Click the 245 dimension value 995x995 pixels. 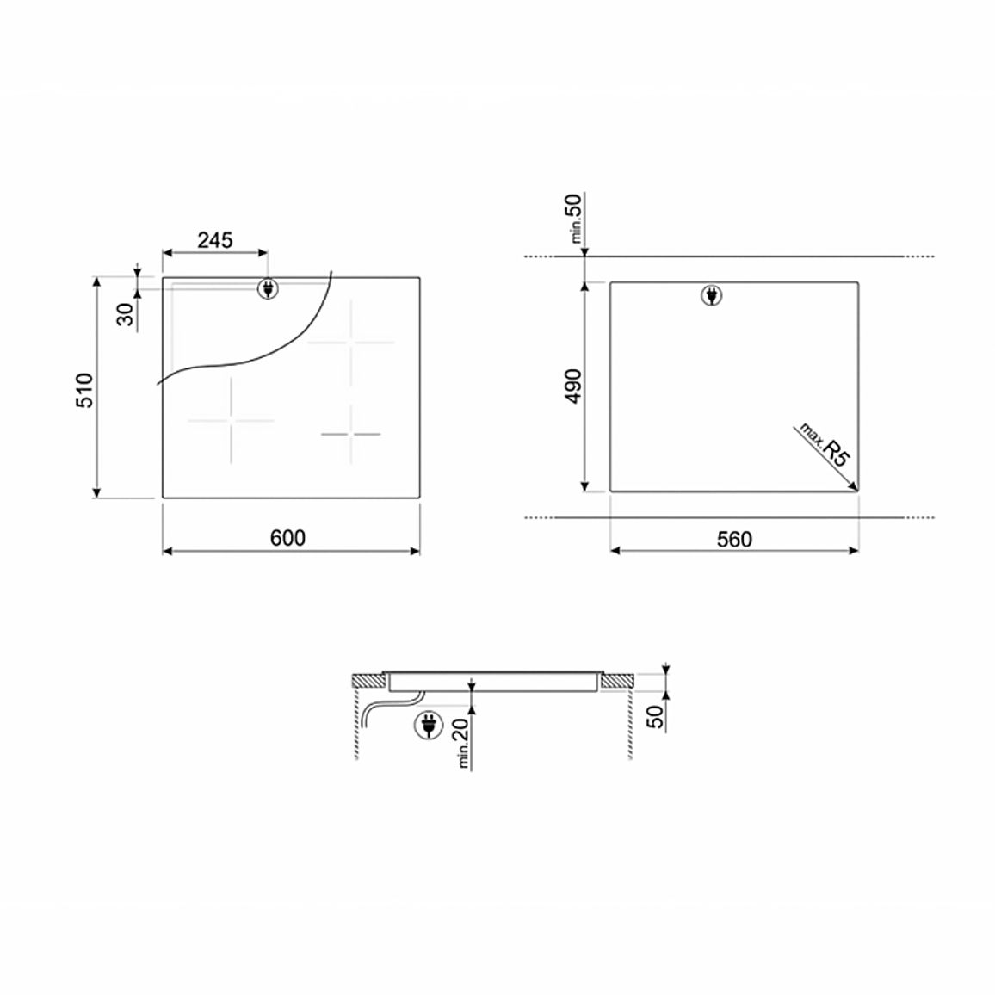[x=215, y=240]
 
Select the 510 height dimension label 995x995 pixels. [x=84, y=390]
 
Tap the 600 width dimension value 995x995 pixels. [x=287, y=537]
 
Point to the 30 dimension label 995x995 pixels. [x=126, y=314]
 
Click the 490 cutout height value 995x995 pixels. [x=573, y=386]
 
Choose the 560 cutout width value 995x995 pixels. [x=734, y=539]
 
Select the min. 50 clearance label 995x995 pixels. [x=575, y=219]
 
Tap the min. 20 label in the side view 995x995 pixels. [x=462, y=743]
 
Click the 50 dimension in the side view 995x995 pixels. [x=656, y=716]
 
